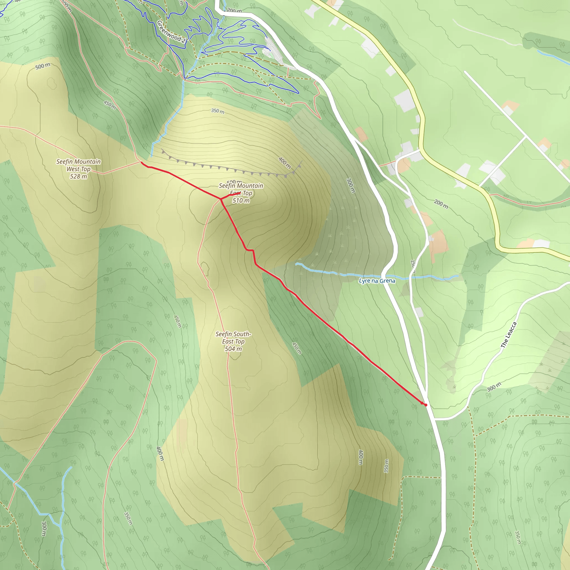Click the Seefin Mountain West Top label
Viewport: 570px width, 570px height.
(78, 165)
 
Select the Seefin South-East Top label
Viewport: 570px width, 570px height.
(233, 338)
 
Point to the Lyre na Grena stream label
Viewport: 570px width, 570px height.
(377, 281)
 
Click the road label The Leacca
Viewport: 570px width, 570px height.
(509, 335)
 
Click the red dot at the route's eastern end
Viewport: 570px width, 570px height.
(426, 405)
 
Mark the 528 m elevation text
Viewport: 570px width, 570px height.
(78, 176)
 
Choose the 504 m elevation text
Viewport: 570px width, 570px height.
(233, 349)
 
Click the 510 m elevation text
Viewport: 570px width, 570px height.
(241, 201)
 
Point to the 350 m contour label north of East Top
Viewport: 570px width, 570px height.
(217, 111)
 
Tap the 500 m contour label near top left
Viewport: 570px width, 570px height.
(43, 66)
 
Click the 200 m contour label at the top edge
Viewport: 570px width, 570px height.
(234, 11)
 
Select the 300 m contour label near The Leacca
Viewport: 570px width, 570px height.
(494, 387)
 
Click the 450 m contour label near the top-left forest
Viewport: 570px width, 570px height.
(109, 105)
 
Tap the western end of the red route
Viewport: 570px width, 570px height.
(142, 162)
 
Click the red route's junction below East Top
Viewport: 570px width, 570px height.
(220, 200)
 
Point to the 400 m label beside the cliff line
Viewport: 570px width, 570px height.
(285, 163)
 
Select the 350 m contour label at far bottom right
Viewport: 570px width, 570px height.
(517, 537)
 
